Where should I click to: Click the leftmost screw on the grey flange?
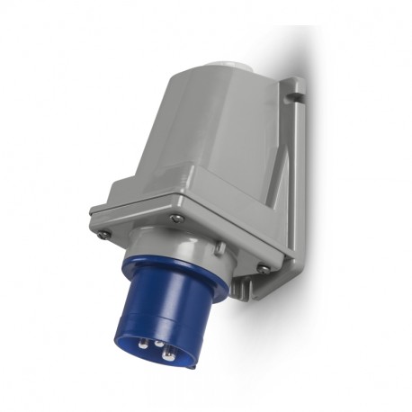pyautogui.click(x=105, y=234)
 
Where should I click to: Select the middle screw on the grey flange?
pyautogui.click(x=176, y=219)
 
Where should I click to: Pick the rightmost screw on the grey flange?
pyautogui.click(x=263, y=267)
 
